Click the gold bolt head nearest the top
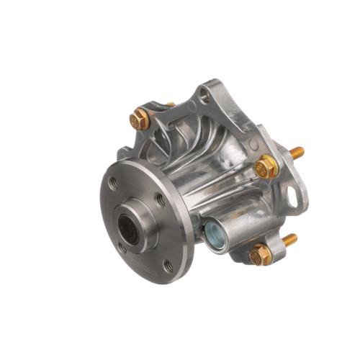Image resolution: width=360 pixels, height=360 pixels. point(140,120)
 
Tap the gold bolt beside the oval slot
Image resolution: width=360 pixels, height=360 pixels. point(266,166)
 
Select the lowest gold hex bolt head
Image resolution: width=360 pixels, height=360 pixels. point(261,253)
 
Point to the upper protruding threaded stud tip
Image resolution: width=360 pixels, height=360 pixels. point(297,153)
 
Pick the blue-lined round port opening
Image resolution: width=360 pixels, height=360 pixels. point(214,233)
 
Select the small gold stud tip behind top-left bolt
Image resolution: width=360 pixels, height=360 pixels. point(171,105)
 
